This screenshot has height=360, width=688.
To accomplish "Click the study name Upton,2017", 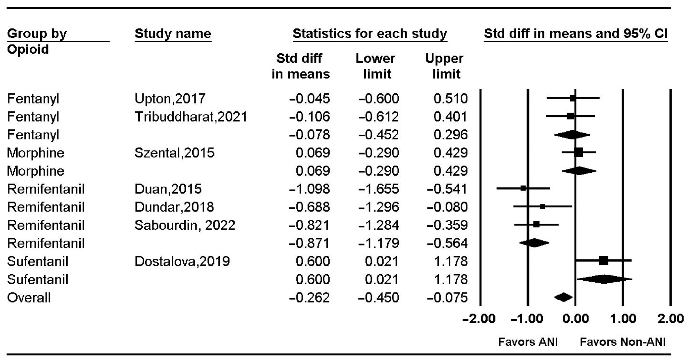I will coord(170,98).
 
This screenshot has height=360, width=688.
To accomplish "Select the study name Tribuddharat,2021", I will coord(191,117).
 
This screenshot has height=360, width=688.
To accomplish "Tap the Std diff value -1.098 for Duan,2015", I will coord(309,189).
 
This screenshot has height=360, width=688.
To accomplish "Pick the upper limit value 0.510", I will coord(450,98).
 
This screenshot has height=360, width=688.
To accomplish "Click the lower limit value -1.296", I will coord(379,207).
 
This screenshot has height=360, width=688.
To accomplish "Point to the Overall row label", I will coord(29,297).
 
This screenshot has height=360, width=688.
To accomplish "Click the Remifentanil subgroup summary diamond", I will coord(534,243).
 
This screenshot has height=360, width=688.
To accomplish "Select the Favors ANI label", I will coord(528,342).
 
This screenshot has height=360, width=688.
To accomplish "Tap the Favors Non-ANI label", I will coord(623,342).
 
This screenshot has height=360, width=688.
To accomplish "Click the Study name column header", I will coord(173,34).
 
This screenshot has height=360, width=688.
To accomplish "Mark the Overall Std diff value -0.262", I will coord(309,297).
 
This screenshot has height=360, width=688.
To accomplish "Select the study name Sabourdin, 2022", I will coord(185,225).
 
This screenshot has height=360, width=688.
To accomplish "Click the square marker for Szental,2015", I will coord(579,152).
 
